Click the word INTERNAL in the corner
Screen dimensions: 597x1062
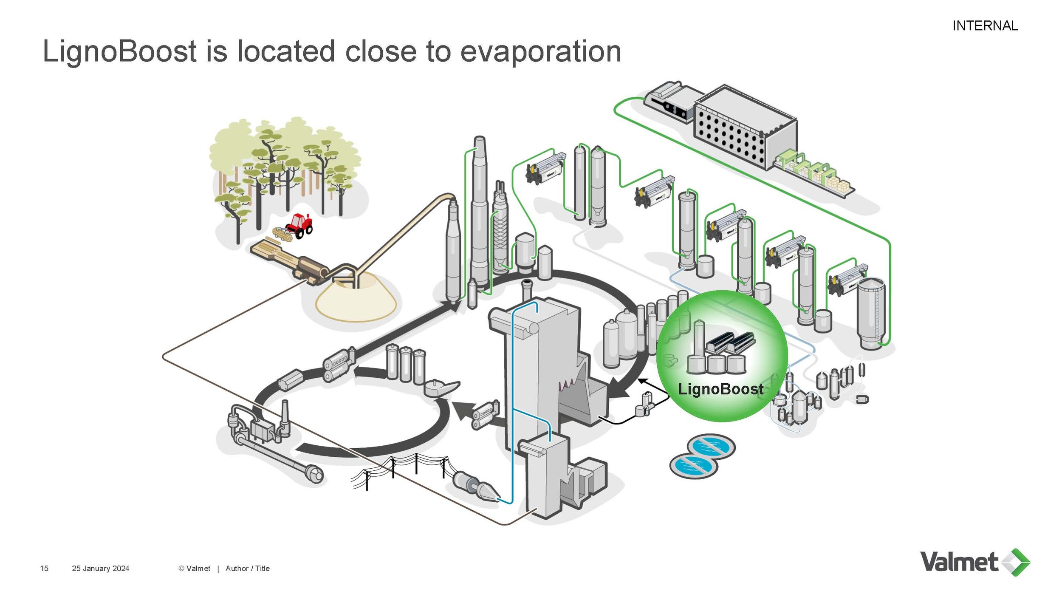click(x=985, y=26)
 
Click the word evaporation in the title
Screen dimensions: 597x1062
click(x=540, y=52)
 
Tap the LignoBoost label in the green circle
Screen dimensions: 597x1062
click(x=720, y=389)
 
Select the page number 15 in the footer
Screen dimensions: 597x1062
click(x=44, y=569)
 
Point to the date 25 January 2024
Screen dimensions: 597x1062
click(x=100, y=569)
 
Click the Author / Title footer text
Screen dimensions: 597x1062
click(x=247, y=569)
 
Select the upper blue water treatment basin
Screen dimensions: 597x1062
click(x=711, y=447)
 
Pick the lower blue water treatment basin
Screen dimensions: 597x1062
click(x=694, y=466)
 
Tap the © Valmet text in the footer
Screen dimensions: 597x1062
click(x=194, y=569)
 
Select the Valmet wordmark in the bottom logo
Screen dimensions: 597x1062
click(x=959, y=562)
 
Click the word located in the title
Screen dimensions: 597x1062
click(x=286, y=52)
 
